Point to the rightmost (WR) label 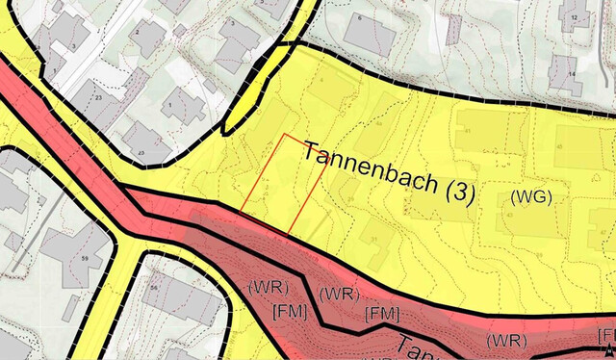tap(504, 340)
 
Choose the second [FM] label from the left tap(382, 313)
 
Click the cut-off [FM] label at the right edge tap(606, 335)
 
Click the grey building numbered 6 tap(369, 33)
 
